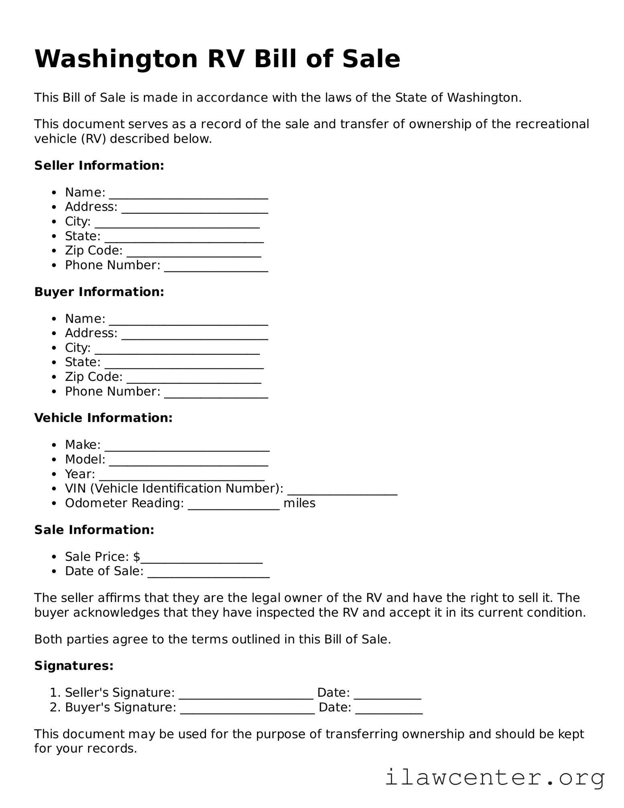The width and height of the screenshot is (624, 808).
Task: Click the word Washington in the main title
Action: pyautogui.click(x=116, y=59)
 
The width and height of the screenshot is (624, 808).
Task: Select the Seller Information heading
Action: pyautogui.click(x=99, y=166)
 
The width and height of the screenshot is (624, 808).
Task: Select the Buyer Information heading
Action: pyautogui.click(x=99, y=292)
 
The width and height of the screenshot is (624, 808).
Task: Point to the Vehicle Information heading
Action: pyautogui.click(x=103, y=418)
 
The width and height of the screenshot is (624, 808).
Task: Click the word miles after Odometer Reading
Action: pyautogui.click(x=299, y=503)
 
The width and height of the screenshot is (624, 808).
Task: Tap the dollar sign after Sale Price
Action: pyautogui.click(x=137, y=557)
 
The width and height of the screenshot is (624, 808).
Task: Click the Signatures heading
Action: pyautogui.click(x=74, y=666)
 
